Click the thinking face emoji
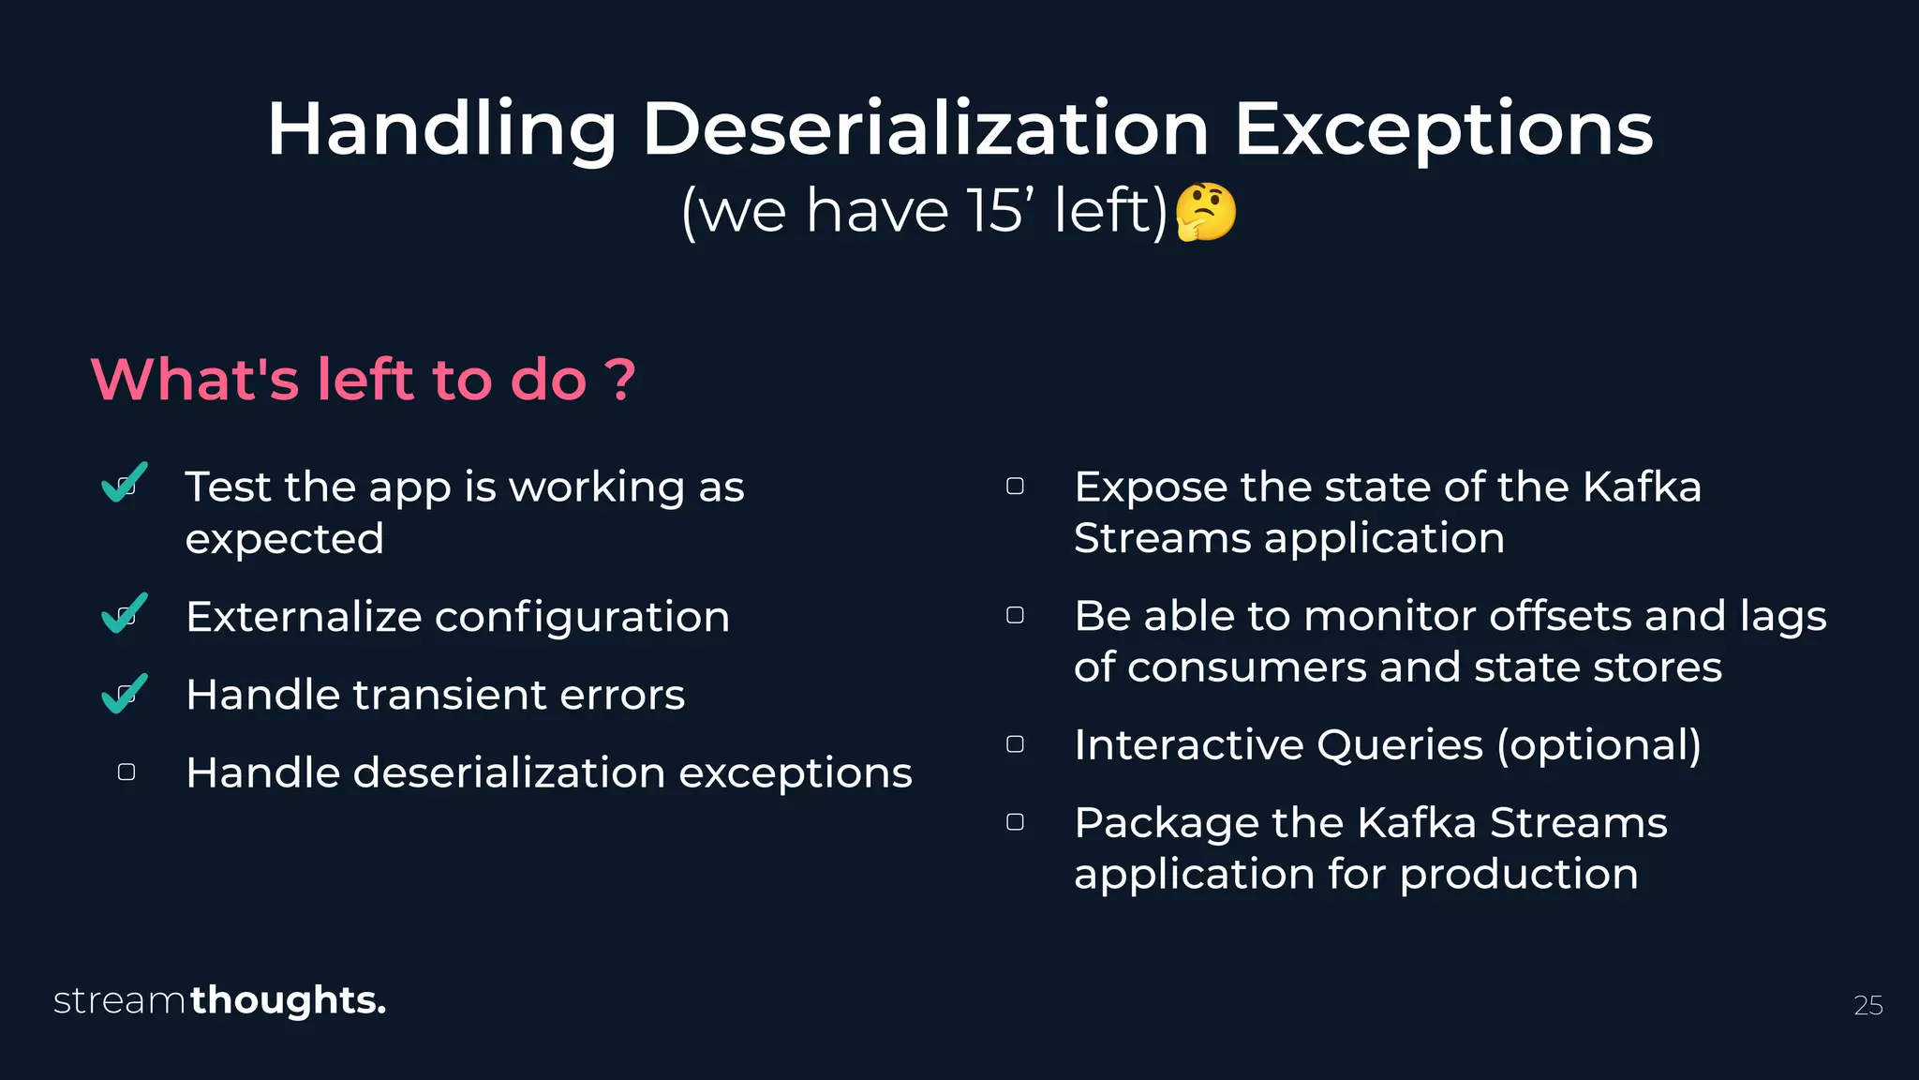(x=1205, y=212)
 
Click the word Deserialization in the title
(x=925, y=128)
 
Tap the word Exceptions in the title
(x=1443, y=128)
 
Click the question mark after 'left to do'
(x=619, y=381)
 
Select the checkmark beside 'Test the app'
(x=124, y=483)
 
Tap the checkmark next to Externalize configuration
(x=124, y=613)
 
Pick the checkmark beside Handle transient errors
(x=124, y=694)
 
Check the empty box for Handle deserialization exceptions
(x=126, y=772)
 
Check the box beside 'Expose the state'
(x=1015, y=486)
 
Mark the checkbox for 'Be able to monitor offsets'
(x=1015, y=615)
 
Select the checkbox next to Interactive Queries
(x=1015, y=744)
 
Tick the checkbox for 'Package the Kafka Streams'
(x=1015, y=822)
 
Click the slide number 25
(x=1867, y=1005)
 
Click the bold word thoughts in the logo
(x=287, y=1000)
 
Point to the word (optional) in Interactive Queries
(x=1599, y=745)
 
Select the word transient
(x=455, y=695)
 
